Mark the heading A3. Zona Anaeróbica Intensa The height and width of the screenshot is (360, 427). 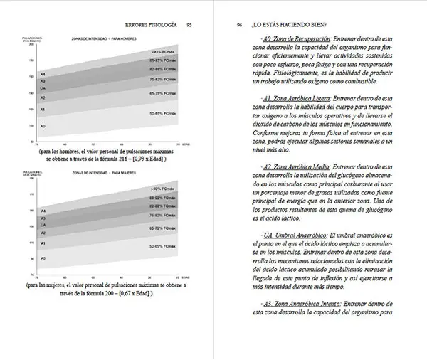tap(299, 302)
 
